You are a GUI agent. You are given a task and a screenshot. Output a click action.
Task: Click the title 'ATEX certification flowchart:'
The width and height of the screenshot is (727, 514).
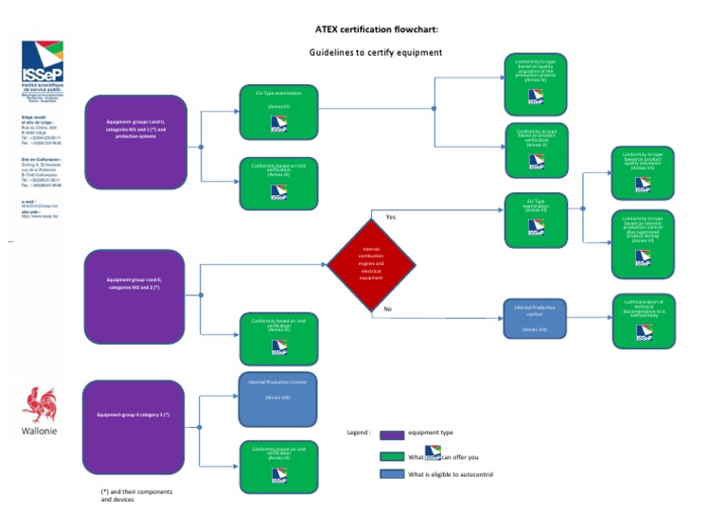click(x=376, y=29)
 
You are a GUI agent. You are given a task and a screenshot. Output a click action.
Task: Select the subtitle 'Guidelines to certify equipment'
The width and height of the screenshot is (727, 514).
click(x=376, y=52)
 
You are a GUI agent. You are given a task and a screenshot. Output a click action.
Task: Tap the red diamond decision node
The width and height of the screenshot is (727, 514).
click(x=371, y=264)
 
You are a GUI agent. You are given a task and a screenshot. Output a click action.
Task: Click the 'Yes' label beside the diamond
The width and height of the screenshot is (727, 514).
click(x=391, y=217)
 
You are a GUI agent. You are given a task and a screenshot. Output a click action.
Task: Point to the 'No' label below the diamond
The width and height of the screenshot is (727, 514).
click(x=389, y=310)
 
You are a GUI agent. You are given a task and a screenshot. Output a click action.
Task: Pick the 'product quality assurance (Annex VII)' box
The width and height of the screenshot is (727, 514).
click(x=643, y=170)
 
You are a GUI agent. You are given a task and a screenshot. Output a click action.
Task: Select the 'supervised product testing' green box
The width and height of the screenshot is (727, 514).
click(x=643, y=243)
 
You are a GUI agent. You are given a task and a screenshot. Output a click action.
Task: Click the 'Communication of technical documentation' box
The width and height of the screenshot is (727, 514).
click(x=643, y=319)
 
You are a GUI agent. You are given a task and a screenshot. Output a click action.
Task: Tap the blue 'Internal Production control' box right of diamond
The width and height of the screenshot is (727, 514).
click(x=534, y=318)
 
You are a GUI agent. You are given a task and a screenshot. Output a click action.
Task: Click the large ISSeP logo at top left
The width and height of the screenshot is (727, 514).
click(x=43, y=63)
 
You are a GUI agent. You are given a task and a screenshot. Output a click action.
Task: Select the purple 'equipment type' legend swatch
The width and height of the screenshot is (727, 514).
click(x=392, y=434)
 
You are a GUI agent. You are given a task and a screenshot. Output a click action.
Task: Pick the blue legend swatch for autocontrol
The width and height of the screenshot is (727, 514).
click(x=392, y=474)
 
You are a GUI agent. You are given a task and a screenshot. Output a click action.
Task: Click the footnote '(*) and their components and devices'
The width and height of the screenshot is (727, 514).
click(x=136, y=495)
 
